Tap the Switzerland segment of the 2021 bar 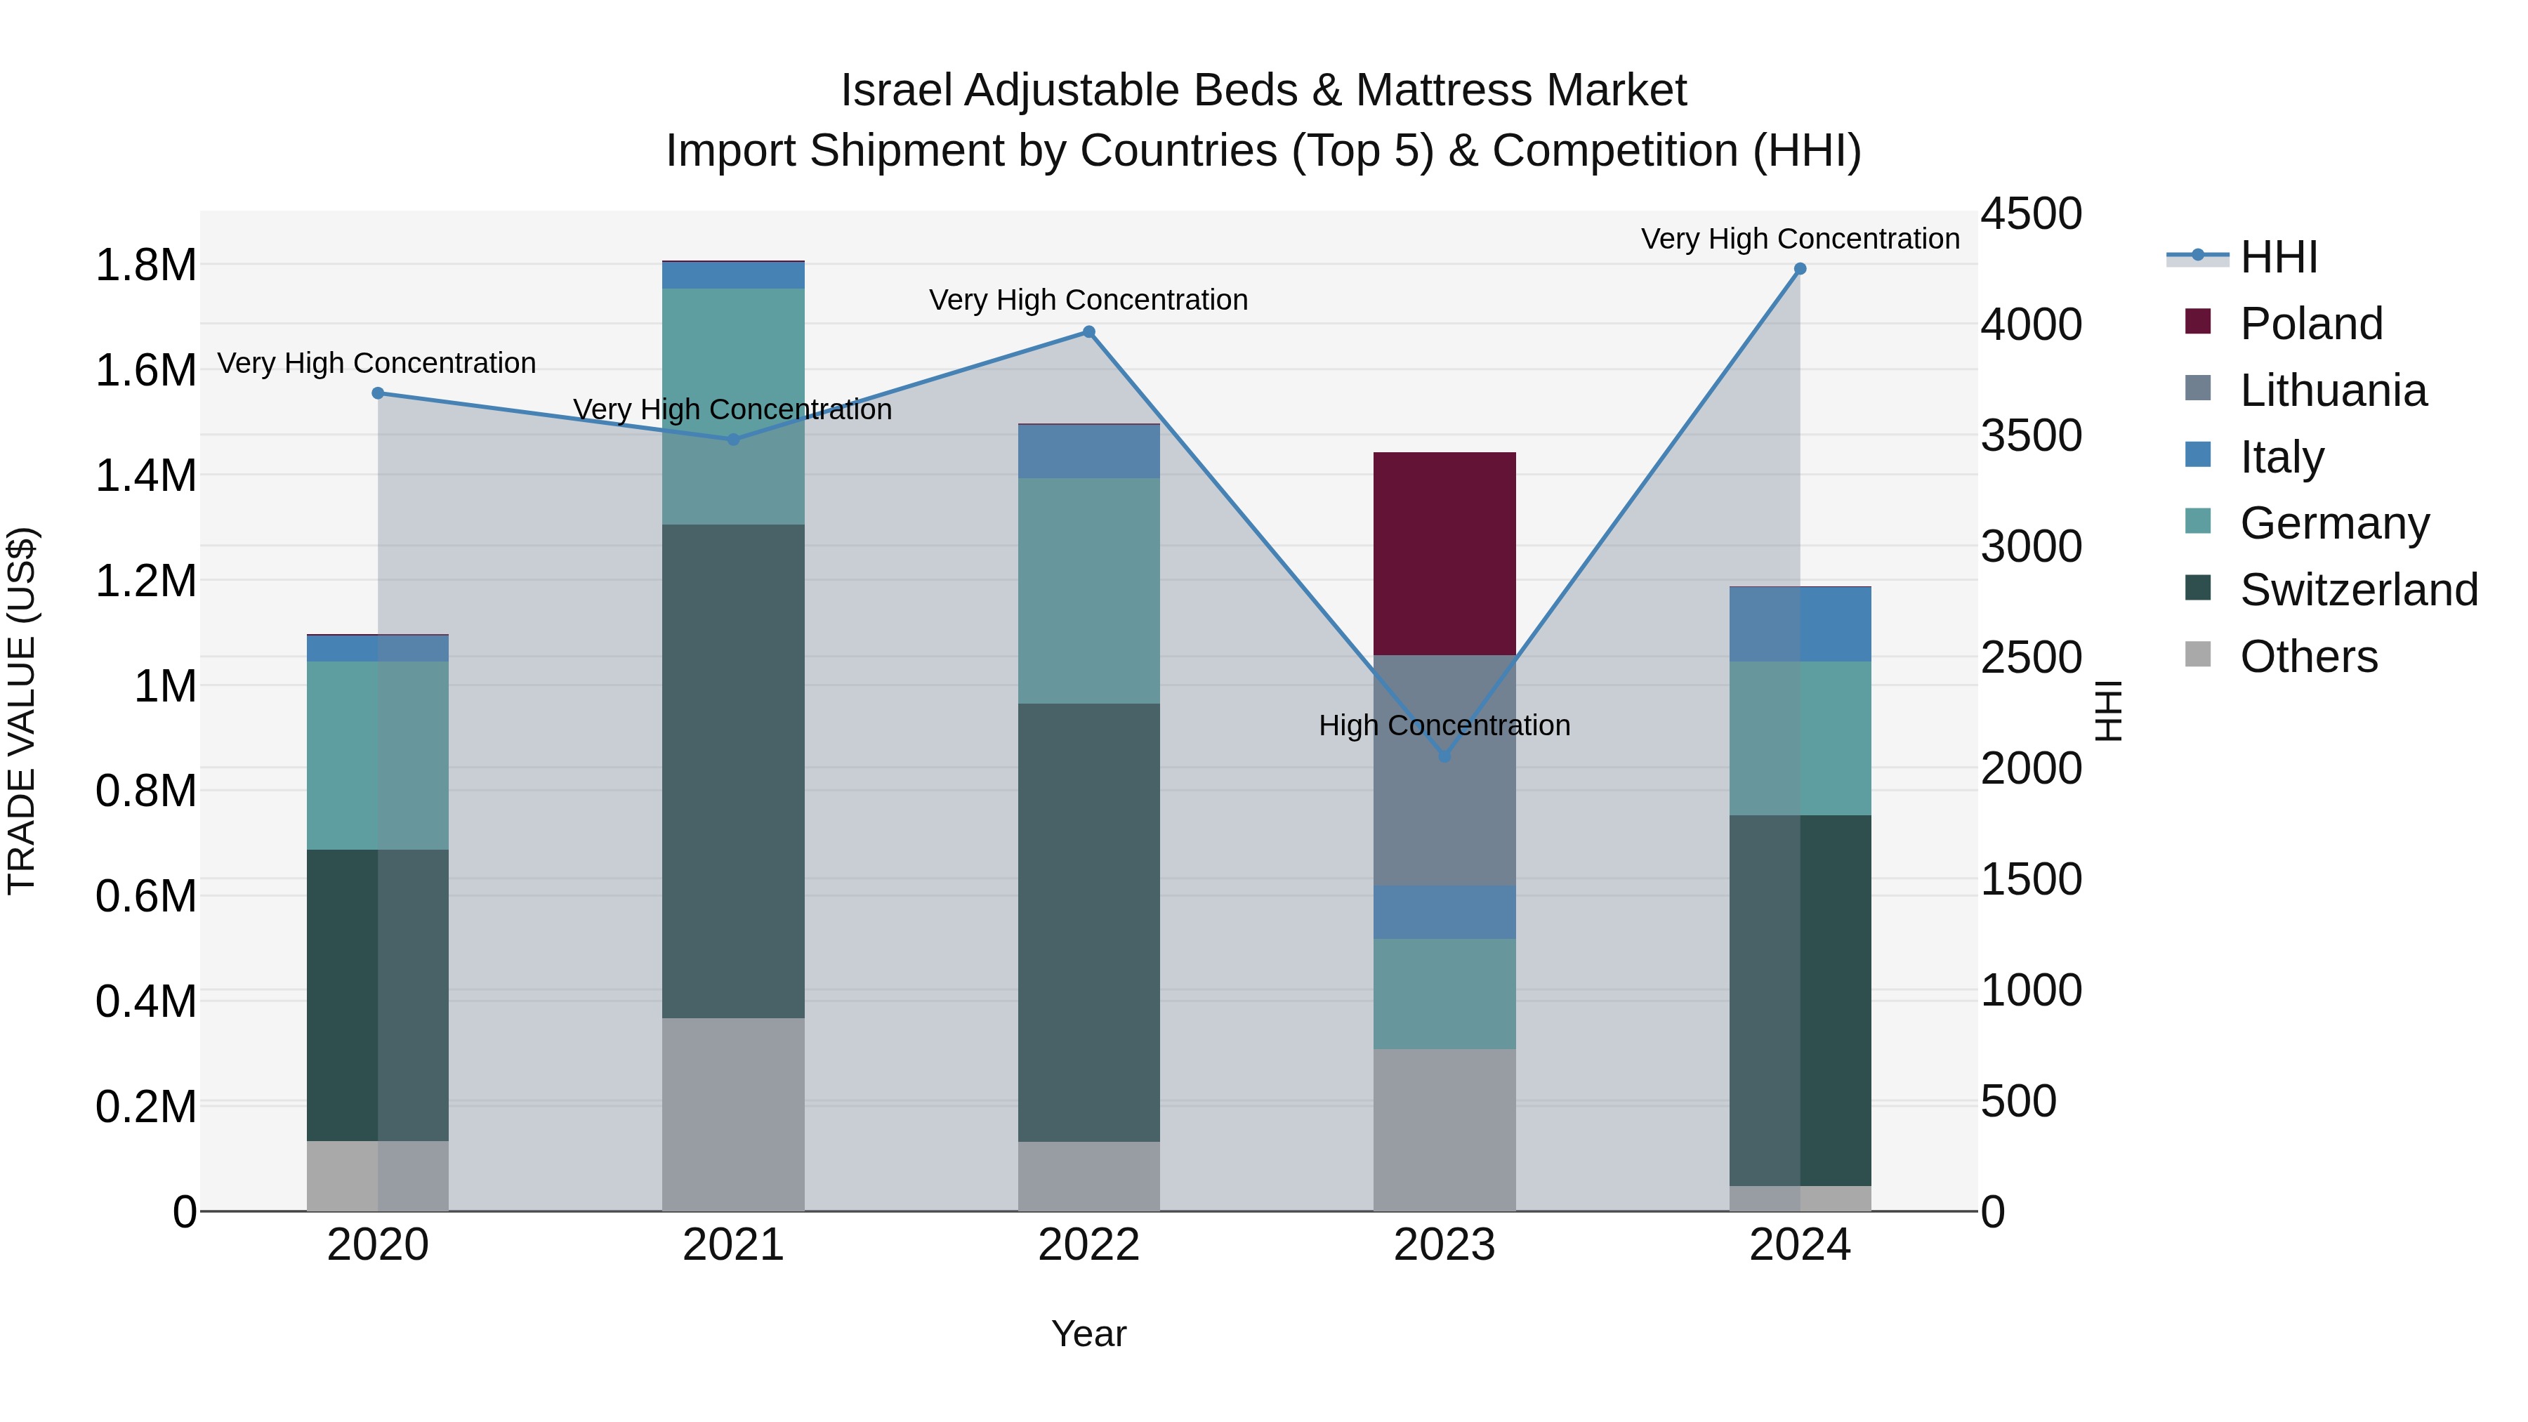(x=733, y=770)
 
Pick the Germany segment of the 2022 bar (x=1088, y=590)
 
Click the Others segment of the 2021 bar (x=733, y=1114)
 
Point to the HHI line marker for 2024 (x=1800, y=269)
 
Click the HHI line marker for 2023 (x=1444, y=756)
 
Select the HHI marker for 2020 (x=378, y=393)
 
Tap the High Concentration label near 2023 (x=1444, y=725)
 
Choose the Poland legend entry (x=2310, y=324)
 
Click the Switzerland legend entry (x=2357, y=590)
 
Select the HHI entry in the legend (x=2278, y=257)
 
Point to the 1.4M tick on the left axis (x=145, y=476)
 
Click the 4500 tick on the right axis (x=2030, y=214)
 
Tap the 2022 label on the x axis (x=1088, y=1245)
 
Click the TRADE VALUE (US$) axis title (x=22, y=711)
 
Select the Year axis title (x=1088, y=1334)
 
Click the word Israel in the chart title (x=895, y=91)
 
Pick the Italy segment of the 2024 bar (x=1800, y=624)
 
